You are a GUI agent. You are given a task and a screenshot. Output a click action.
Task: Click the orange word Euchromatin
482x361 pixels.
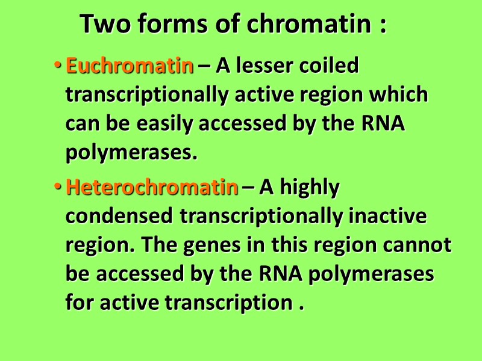tap(130, 66)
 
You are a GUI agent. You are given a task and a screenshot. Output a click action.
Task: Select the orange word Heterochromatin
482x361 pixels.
tap(152, 188)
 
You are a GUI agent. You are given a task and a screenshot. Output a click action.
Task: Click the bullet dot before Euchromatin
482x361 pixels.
tap(58, 66)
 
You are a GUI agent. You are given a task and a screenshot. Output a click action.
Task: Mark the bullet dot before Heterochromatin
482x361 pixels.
tap(58, 188)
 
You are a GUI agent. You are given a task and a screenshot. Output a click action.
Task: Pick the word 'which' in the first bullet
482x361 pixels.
tap(401, 96)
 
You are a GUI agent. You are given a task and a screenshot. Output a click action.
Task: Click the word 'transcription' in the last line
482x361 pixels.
tap(228, 304)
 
